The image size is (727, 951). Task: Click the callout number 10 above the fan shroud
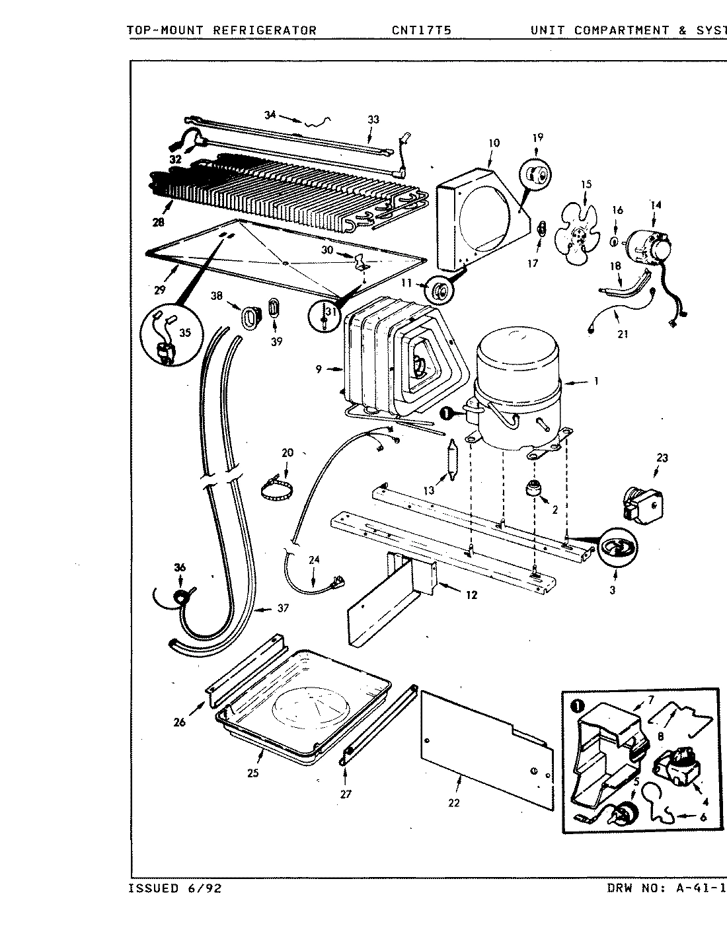[494, 143]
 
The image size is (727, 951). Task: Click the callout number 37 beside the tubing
[282, 608]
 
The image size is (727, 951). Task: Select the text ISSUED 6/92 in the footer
[174, 888]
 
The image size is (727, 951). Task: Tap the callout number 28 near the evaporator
[158, 223]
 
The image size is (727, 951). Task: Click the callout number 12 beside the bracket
[471, 595]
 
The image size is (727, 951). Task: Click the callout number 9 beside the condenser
[319, 369]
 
